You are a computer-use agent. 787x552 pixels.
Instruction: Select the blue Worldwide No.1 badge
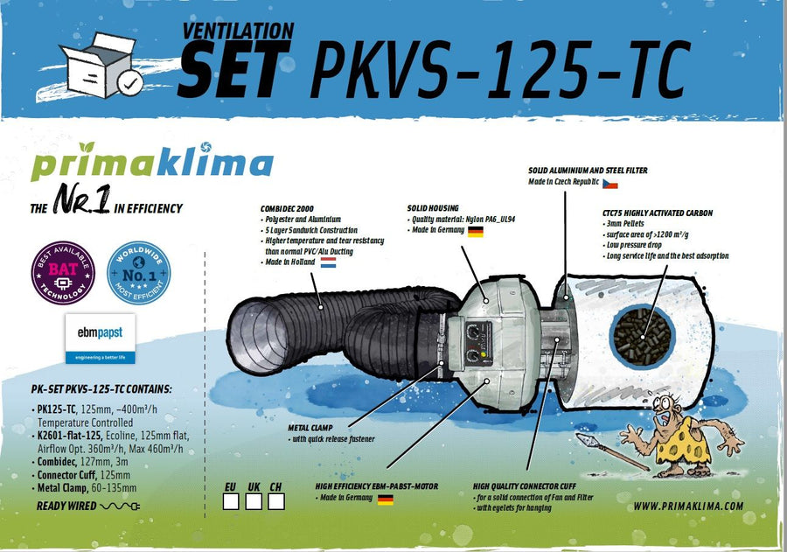(138, 272)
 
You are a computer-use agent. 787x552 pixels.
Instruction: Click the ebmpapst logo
(98, 338)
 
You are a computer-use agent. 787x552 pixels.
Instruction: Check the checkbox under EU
(231, 501)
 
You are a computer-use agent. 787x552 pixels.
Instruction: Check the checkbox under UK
(254, 501)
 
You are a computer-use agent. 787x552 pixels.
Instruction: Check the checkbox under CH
(276, 501)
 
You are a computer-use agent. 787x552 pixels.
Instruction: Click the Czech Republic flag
(610, 184)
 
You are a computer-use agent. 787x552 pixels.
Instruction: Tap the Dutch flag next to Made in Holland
(329, 262)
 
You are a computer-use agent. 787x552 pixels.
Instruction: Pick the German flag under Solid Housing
(476, 232)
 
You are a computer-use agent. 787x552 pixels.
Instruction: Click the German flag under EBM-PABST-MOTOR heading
(385, 500)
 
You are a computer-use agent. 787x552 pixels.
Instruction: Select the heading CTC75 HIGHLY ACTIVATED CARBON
(658, 213)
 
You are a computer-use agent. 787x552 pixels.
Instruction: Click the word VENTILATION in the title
(238, 30)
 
